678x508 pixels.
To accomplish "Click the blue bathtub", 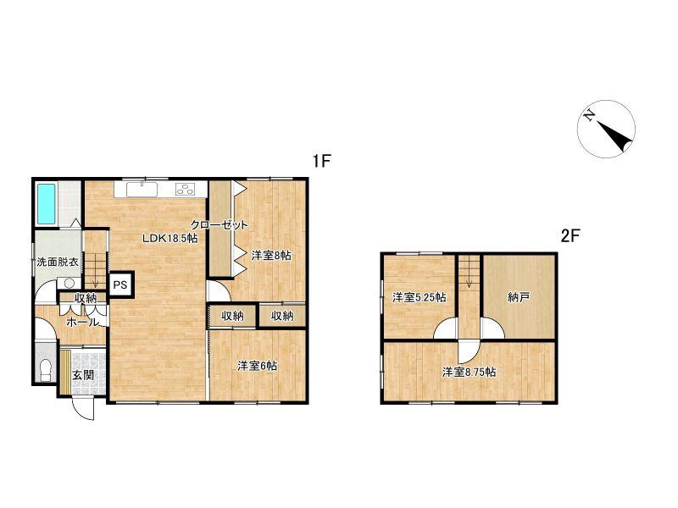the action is tap(46, 204).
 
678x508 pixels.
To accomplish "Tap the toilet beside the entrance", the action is tap(46, 370).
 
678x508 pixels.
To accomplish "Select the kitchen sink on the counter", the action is tap(142, 189).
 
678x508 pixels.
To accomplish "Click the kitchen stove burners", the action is tap(185, 189).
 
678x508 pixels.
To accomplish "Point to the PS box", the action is tap(120, 285).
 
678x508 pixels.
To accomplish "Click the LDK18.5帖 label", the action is tap(170, 238).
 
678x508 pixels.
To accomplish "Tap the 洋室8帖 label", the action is tap(271, 256).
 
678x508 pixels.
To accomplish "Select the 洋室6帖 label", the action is tap(258, 366).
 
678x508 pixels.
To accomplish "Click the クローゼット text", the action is tap(220, 224).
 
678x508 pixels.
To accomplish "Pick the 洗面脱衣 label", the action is tap(58, 262).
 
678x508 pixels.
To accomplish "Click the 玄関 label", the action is tap(83, 374).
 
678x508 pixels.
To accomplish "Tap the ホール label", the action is tap(82, 322).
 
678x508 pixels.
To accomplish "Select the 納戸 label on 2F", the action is tap(519, 297).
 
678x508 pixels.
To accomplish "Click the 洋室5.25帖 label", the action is tap(420, 297).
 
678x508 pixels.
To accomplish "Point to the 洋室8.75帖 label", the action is tap(469, 372).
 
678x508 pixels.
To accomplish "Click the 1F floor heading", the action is tap(322, 162).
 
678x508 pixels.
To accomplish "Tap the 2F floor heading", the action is tap(570, 236).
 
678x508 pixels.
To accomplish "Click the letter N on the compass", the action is tap(588, 115).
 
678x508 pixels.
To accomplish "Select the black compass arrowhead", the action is tap(616, 136).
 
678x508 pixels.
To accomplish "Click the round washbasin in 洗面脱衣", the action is tap(69, 284).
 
